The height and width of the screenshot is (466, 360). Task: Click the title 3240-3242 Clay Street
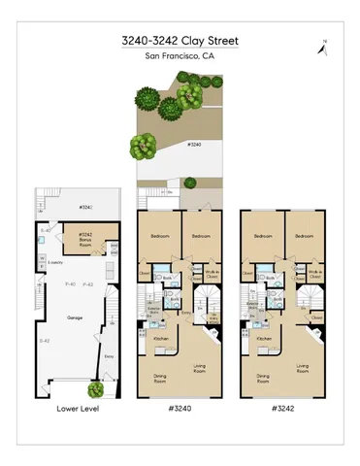180,41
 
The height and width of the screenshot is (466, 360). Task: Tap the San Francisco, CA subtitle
180,56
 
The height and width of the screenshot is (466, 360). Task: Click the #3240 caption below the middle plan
180,408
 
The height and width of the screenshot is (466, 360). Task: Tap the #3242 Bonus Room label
86,237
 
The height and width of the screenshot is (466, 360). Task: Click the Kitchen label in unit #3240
162,338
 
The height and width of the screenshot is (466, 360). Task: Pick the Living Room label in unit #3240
201,367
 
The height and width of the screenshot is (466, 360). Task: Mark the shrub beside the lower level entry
95,390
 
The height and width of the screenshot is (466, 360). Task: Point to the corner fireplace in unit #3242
317,333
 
